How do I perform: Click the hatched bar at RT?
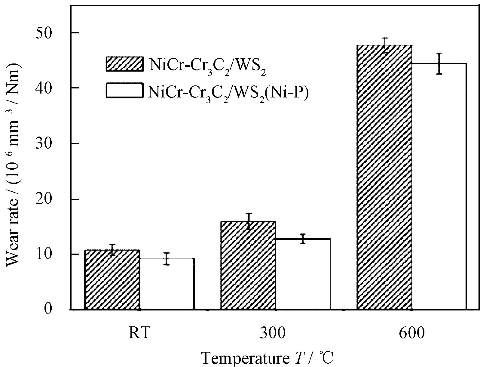tap(112, 280)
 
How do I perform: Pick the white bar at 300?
tap(303, 274)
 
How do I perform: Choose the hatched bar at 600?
tap(384, 177)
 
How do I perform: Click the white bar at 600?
tap(439, 187)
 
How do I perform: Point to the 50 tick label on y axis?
tap(52, 32)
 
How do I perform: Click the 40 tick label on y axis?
tap(52, 88)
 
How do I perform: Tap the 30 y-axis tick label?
tap(52, 143)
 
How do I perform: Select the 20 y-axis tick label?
tap(52, 199)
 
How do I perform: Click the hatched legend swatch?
tap(124, 63)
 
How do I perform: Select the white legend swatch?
tap(124, 91)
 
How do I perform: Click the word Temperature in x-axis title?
tap(243, 358)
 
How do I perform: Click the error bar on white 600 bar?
tap(439, 63)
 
